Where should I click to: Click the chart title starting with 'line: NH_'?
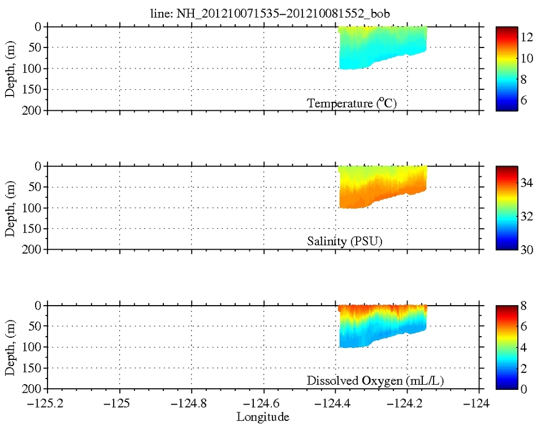coord(263,14)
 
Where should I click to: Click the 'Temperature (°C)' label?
coord(348,103)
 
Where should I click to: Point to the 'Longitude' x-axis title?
coord(263,417)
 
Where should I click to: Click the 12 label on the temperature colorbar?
coord(527,37)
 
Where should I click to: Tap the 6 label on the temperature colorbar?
coord(525,101)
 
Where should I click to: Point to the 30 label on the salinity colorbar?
coord(527,249)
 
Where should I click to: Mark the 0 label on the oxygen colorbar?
coord(525,389)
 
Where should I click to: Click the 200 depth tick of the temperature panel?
coord(33,110)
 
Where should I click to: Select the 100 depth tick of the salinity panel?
coord(33,208)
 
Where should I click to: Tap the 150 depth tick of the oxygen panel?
coord(33,368)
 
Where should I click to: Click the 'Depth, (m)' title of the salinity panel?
coord(10,207)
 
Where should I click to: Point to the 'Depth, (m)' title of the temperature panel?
coord(10,68)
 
